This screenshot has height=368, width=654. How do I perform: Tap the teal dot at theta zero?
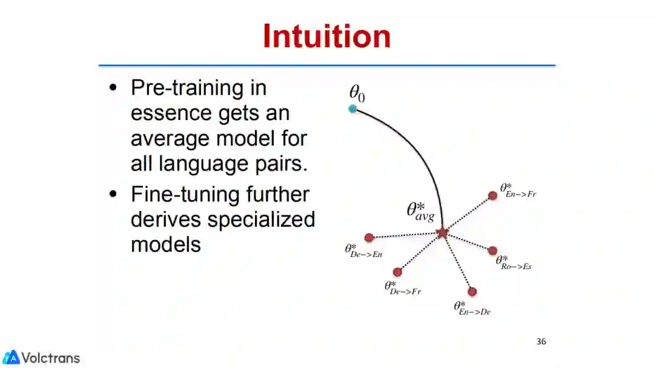coord(352,109)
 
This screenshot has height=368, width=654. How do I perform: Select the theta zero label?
coord(357,93)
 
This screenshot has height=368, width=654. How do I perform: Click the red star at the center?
coord(442,232)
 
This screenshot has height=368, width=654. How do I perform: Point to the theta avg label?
coord(420,212)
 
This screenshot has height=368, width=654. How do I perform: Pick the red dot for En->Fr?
coord(493,195)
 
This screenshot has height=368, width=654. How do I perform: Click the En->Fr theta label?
coord(518,190)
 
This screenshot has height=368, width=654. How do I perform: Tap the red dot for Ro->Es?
coord(492,250)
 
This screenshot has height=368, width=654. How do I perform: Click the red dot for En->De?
coord(472,292)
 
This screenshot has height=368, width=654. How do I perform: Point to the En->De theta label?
coord(472,308)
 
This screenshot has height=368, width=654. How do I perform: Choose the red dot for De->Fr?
coord(397,272)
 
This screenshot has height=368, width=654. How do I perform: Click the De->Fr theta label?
coord(403,287)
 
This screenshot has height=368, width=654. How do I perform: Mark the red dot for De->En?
coord(369,238)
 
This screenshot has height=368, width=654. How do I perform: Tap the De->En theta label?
coord(363,250)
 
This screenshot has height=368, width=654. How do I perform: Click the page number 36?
coord(541,341)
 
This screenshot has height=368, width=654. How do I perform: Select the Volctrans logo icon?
coord(11,358)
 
